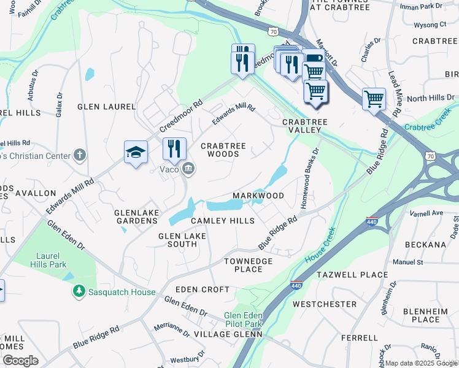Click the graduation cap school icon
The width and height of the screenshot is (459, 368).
tap(136, 152)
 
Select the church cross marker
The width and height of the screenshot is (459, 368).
tap(79, 155)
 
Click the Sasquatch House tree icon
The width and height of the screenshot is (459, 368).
tap(79, 292)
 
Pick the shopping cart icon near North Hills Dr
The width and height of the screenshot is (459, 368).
tap(373, 98)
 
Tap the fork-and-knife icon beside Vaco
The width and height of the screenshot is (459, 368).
tap(174, 148)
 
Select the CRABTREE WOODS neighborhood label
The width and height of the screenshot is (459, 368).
tap(223, 150)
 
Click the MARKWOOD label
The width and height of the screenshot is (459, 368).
tap(258, 196)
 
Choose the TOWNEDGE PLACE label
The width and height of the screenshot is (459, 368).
tap(244, 265)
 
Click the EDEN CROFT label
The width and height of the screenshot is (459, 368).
tap(202, 289)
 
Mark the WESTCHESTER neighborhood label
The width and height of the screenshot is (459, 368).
tap(325, 304)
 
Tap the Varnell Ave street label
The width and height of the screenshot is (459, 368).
tap(427, 213)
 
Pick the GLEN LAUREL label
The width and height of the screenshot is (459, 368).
tap(106, 107)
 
